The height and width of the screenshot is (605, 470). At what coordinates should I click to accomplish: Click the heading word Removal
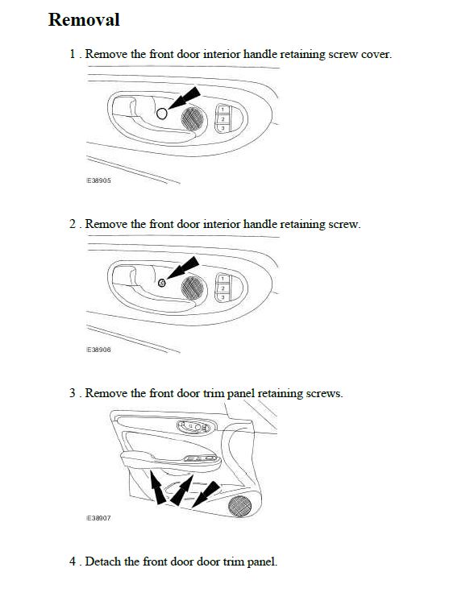point(84,19)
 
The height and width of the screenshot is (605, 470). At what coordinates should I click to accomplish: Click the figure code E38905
point(98,180)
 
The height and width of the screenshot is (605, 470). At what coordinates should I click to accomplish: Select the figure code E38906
point(98,350)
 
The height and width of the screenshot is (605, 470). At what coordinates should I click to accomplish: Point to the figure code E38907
point(98,518)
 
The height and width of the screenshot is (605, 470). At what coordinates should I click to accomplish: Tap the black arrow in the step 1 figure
point(185,97)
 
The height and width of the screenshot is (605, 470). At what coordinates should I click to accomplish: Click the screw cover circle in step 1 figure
point(162,114)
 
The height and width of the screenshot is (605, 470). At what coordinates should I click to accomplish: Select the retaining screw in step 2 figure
point(162,283)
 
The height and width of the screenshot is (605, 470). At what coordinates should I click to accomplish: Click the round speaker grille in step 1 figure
point(193,118)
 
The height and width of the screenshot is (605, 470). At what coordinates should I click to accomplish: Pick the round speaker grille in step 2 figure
point(193,288)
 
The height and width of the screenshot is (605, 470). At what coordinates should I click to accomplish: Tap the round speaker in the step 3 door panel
point(239,506)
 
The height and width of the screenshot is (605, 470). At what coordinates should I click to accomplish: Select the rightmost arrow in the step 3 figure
point(206,495)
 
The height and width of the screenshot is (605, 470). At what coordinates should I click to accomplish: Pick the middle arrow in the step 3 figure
point(181,491)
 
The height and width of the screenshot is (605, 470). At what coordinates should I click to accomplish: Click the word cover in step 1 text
point(376,55)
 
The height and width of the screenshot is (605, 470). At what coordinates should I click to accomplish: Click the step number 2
point(73,224)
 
